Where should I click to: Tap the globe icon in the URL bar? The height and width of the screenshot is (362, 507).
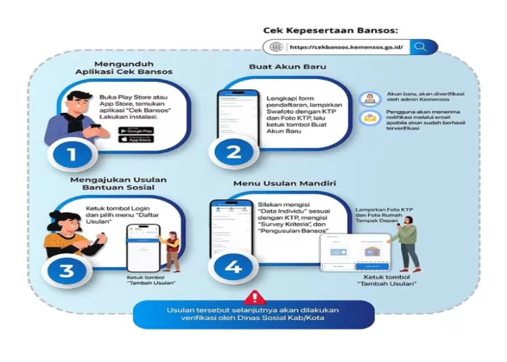[x=275, y=47]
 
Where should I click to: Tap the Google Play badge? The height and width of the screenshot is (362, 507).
[x=136, y=130]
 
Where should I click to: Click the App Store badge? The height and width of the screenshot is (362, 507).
[x=136, y=139]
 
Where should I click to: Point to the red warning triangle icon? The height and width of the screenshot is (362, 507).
[x=254, y=298]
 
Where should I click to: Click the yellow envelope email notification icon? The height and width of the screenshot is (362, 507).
[x=370, y=118]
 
